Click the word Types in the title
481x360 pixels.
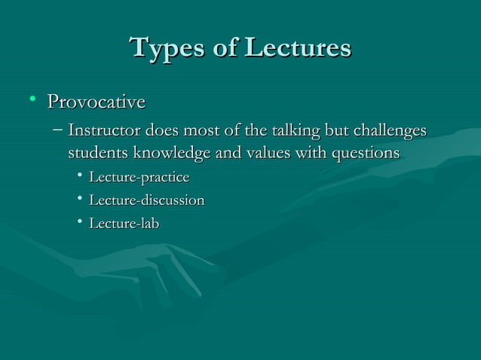(167, 48)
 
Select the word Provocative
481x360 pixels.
(96, 101)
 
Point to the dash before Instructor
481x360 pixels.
(58, 131)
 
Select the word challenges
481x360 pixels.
(389, 131)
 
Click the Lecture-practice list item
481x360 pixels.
(139, 178)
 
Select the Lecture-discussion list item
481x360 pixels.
(146, 201)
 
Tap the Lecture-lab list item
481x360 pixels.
(124, 224)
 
